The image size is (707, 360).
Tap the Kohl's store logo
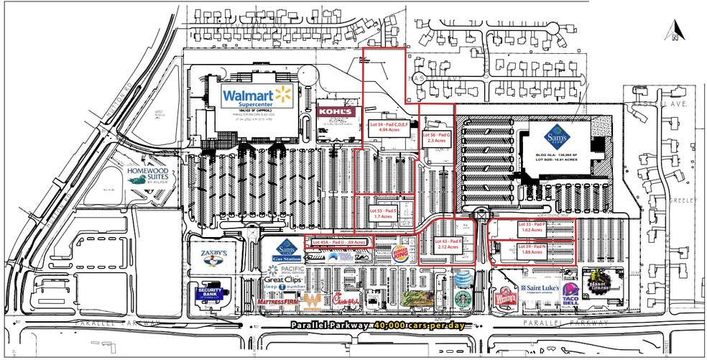pyautogui.click(x=336, y=112)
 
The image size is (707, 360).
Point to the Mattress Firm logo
pyautogui.click(x=278, y=303)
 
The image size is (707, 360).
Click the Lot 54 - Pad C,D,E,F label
pyautogui.click(x=389, y=127)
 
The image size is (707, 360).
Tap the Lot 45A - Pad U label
pyautogui.click(x=339, y=242)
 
